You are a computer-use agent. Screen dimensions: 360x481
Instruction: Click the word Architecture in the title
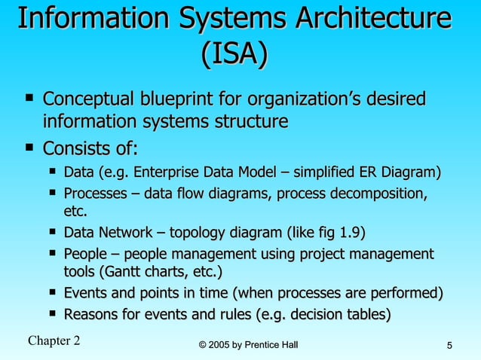click(369, 19)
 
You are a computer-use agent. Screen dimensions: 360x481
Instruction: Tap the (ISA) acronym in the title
click(234, 54)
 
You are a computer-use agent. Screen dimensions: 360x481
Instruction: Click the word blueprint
click(181, 99)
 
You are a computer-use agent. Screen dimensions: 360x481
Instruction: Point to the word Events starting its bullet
click(86, 292)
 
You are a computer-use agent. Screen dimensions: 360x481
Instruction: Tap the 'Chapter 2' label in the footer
click(54, 340)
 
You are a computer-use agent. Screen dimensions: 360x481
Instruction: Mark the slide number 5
click(449, 346)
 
